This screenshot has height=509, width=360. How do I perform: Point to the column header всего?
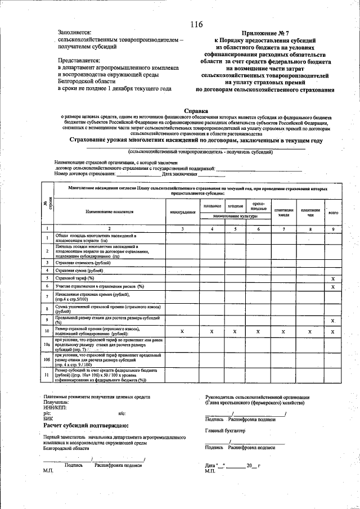pyautogui.click(x=333, y=212)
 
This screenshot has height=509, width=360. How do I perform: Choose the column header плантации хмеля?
pyautogui.click(x=284, y=212)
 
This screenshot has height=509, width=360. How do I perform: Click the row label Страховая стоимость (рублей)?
pyautogui.click(x=79, y=262)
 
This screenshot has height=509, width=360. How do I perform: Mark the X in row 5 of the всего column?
pyautogui.click(x=333, y=278)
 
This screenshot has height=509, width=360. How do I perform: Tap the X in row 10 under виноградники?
pyautogui.click(x=182, y=332)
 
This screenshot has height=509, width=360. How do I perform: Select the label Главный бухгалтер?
pyautogui.click(x=226, y=430)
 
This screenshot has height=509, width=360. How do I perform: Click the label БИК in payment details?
pyautogui.click(x=48, y=418)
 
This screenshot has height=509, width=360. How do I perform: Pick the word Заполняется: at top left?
pyautogui.click(x=75, y=34)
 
